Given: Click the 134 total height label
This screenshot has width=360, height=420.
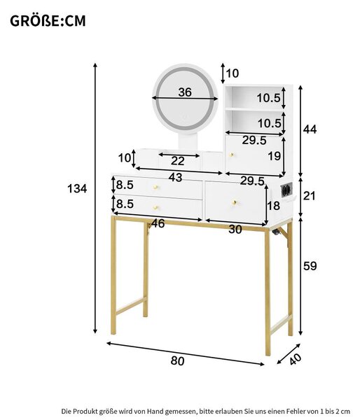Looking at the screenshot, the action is click(77, 188).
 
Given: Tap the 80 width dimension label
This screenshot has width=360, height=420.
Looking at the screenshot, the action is click(177, 360).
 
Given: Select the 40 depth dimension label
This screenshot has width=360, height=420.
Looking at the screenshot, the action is click(295, 359).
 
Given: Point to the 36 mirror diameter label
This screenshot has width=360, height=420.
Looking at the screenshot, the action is click(185, 92).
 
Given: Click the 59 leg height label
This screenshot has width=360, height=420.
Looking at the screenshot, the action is click(310, 266).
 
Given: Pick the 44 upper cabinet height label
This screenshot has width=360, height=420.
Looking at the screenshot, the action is click(310, 129).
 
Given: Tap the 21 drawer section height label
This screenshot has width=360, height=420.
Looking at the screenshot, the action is click(310, 196).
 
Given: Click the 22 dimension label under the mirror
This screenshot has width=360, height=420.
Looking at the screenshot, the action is click(178, 161).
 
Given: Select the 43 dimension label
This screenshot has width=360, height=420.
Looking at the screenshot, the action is click(175, 177).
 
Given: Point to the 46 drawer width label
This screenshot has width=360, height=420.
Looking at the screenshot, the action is click(158, 223).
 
